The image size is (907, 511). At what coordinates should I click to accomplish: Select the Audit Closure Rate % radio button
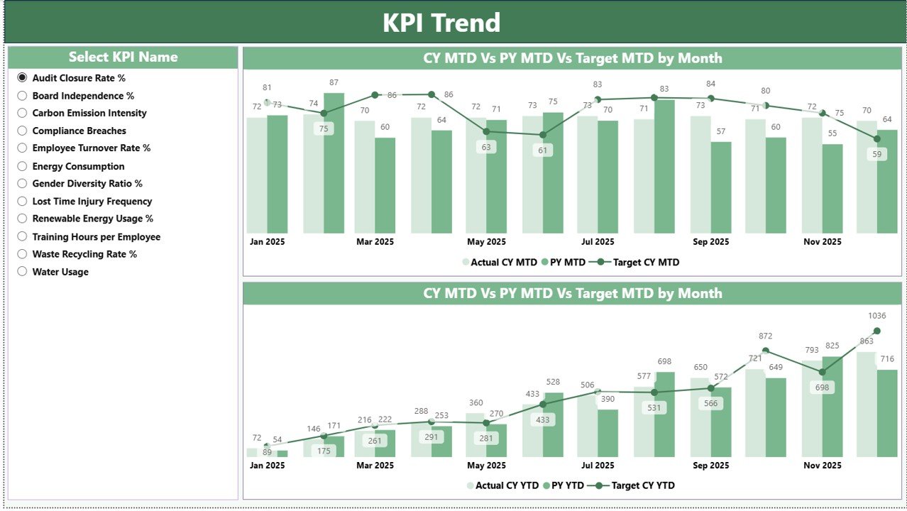tap(22, 78)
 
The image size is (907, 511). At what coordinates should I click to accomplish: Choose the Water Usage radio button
tap(22, 272)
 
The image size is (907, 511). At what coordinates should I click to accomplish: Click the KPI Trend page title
tap(441, 23)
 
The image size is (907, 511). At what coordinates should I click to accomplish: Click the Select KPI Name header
tap(123, 57)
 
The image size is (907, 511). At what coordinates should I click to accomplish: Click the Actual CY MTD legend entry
tap(503, 263)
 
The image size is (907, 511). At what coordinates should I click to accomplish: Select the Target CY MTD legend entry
tap(645, 263)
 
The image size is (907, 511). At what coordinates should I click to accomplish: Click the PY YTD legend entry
tap(568, 486)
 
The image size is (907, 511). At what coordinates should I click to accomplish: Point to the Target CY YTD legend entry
tap(643, 486)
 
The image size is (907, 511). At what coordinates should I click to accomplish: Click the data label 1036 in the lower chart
tap(876, 316)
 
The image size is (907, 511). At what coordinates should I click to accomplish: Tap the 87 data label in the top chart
tap(334, 83)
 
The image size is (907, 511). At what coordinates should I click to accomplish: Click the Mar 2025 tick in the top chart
tap(375, 242)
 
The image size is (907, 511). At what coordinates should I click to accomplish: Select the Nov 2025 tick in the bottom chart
tap(822, 466)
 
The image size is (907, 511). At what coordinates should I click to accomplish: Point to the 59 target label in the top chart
tap(877, 154)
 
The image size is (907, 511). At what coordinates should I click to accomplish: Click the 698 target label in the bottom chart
tap(822, 388)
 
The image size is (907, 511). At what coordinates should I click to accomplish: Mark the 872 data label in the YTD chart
tap(765, 336)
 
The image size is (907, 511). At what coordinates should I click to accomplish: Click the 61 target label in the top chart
tap(543, 150)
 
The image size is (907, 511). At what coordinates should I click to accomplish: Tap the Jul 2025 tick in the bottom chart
tap(598, 466)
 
